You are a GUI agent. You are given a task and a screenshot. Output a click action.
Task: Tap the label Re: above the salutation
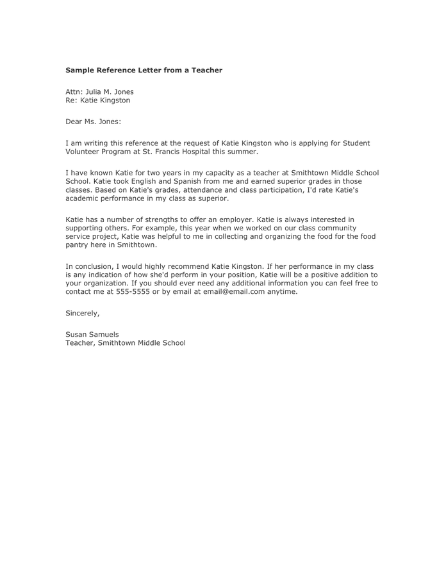72,100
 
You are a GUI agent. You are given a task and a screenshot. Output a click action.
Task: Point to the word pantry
78,245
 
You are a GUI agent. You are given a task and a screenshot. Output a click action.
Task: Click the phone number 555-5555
132,291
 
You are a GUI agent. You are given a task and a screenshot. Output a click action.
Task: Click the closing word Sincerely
83,313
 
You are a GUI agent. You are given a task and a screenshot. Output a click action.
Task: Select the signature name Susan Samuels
92,334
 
